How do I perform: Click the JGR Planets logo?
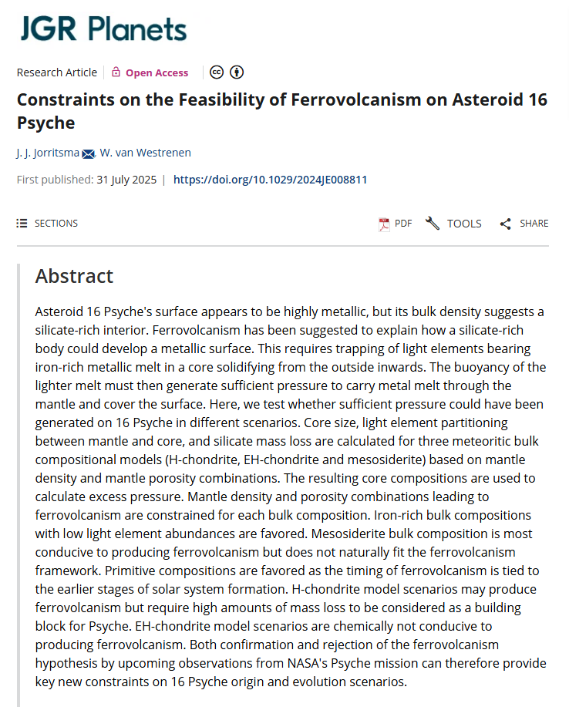coord(103,29)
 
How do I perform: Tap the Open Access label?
coord(157,72)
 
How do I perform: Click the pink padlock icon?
coord(116,72)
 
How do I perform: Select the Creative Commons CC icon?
coord(217,72)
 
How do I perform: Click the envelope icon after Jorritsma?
coord(88,153)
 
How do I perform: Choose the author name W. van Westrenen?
coord(146,153)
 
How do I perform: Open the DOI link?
coord(270,180)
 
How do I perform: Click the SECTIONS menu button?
coord(48,224)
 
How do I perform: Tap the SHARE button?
coord(524,224)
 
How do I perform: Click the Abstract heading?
coord(74,276)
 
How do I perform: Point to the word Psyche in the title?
coord(46,123)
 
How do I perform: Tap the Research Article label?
coord(57,72)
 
